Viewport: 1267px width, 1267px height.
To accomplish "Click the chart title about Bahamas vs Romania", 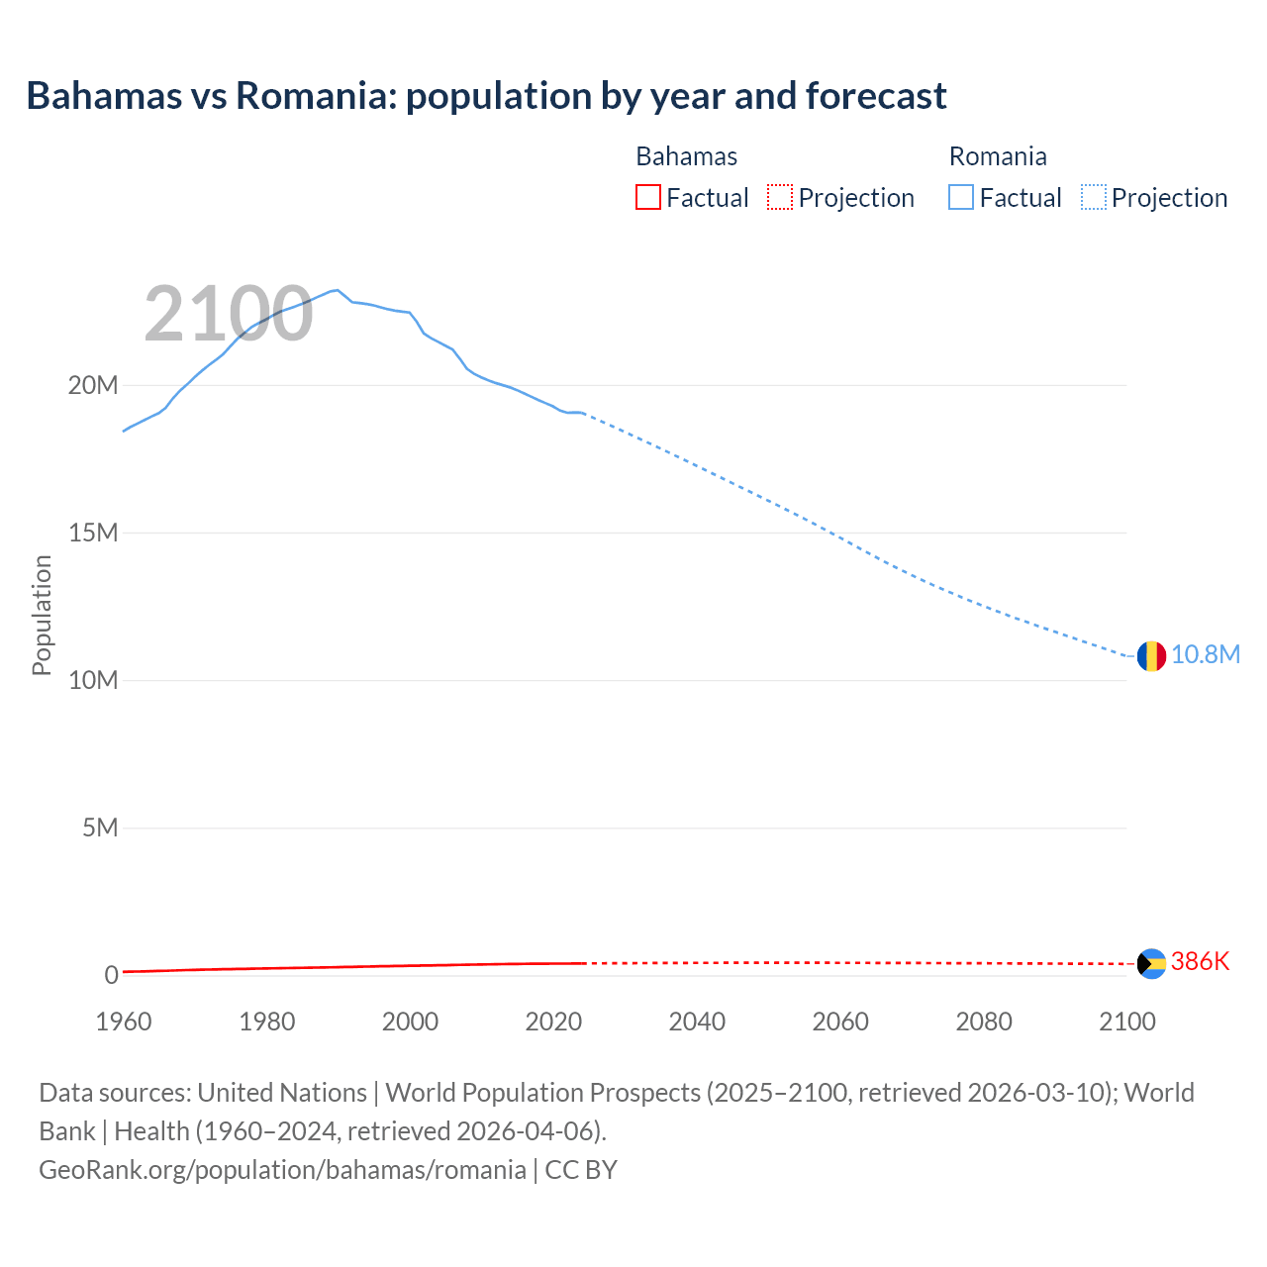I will coord(486,96).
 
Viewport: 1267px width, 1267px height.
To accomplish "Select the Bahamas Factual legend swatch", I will coord(647,197).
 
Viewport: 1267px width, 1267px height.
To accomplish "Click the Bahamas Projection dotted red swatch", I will coord(779,197).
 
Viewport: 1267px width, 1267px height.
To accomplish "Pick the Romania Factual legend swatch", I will coord(960,197).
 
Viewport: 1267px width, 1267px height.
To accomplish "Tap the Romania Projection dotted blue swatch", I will coord(1093,197).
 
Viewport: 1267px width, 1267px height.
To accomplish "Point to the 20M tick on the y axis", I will coord(93,385).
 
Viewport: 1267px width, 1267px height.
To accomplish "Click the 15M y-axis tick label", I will coord(93,533).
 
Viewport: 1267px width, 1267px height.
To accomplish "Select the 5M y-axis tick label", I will coord(100,828).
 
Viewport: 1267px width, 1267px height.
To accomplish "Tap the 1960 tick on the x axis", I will coord(124,1022).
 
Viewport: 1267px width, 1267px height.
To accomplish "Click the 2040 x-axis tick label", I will coord(697,1022).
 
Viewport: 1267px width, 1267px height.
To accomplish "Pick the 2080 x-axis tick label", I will coord(984,1022).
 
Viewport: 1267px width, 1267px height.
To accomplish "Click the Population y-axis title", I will coord(42,615).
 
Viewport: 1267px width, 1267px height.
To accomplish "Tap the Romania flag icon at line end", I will coord(1151,655).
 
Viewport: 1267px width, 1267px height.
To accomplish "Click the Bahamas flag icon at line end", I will coord(1151,963).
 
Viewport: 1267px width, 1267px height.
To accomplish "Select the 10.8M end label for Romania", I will coord(1206,655).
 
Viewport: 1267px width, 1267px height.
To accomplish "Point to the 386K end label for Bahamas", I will coord(1200,962).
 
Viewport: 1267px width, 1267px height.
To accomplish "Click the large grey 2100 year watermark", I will coord(229,315).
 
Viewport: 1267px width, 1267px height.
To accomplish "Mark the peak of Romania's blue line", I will coord(338,290).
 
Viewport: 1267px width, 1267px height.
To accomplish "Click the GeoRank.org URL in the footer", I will coord(282,1170).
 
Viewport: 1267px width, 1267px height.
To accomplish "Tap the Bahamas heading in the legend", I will coord(686,156).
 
